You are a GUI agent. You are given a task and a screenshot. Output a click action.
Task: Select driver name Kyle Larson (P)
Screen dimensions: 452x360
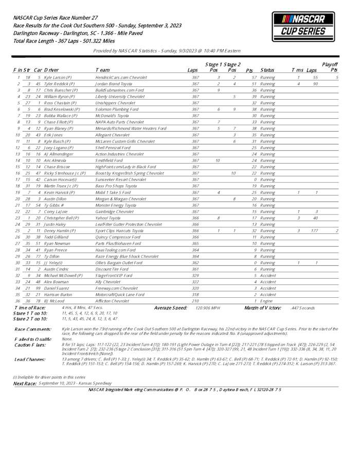click(58, 77)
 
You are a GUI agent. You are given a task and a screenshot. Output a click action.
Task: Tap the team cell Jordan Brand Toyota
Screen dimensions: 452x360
click(114, 83)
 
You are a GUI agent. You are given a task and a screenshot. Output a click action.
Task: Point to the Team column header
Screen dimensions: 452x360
click(102, 70)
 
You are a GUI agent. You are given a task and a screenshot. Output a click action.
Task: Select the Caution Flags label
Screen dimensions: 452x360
click(30, 345)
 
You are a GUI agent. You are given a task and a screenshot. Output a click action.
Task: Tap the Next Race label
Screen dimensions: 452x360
click(24, 384)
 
